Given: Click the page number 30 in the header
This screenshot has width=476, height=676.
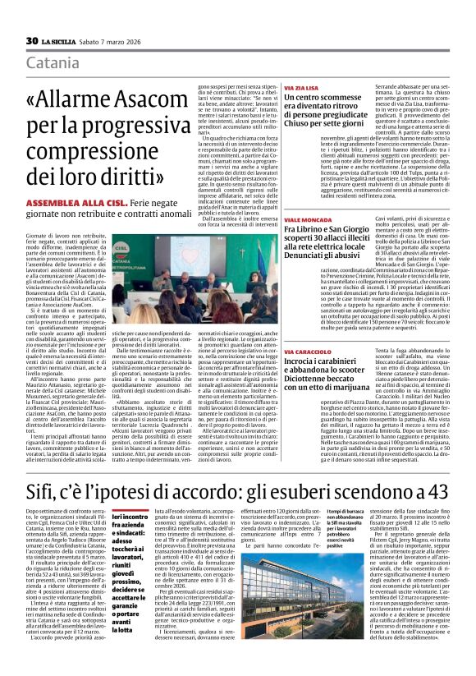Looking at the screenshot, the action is pos(32,40).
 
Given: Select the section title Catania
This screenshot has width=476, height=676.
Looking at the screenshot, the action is pos(53,63).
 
